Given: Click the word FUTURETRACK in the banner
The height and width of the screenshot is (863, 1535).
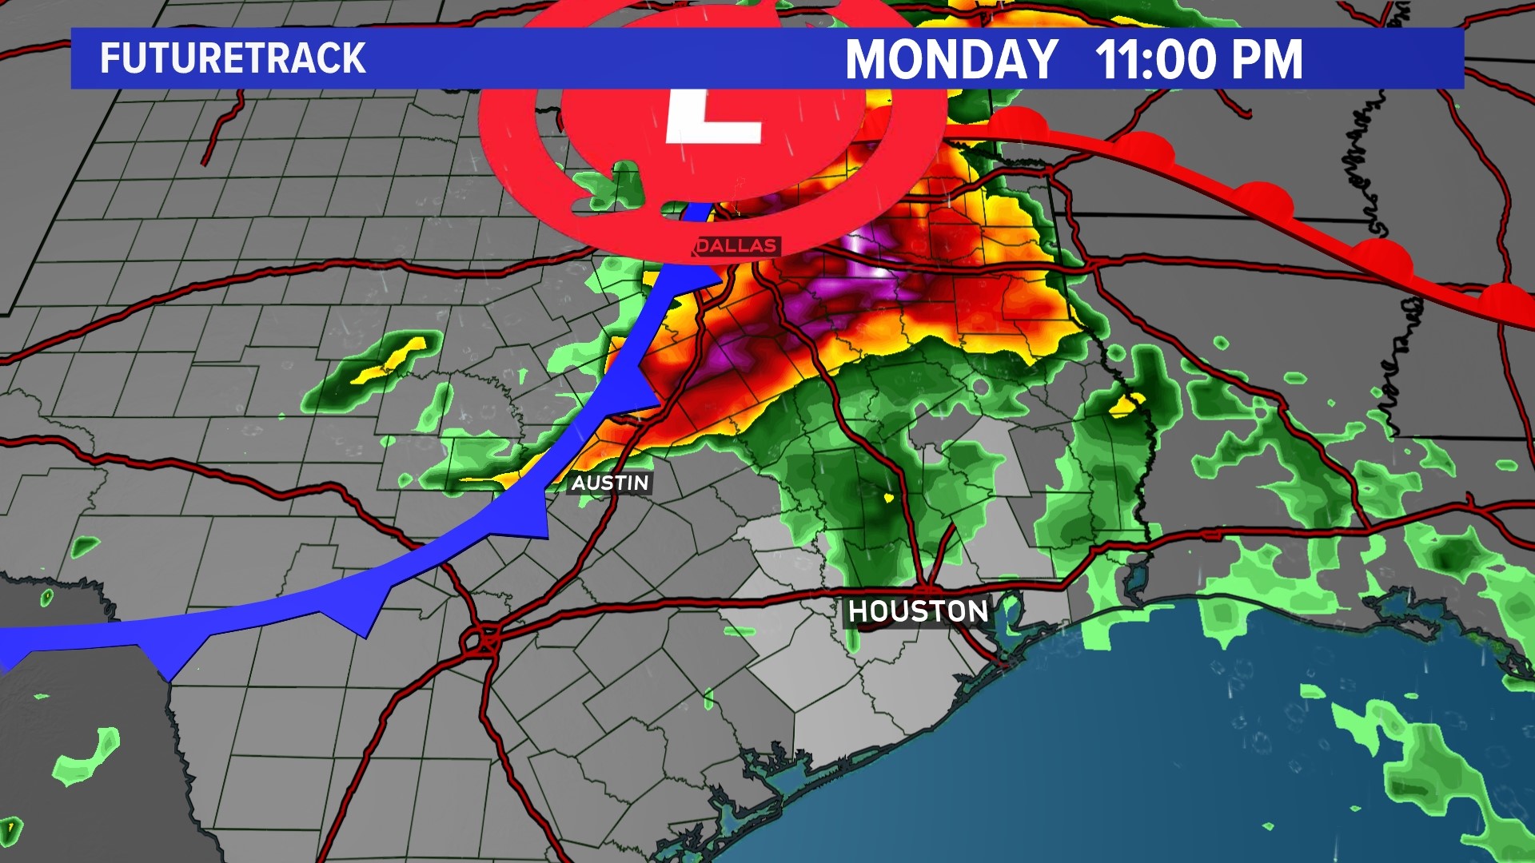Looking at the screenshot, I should tap(233, 58).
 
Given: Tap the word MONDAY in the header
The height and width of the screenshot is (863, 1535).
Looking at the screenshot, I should tap(951, 59).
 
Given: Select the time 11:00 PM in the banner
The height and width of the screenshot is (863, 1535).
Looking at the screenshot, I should tap(1198, 59).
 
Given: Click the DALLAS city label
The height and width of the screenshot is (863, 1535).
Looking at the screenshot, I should tap(736, 246).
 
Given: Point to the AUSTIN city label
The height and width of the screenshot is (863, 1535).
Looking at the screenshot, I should tap(610, 483).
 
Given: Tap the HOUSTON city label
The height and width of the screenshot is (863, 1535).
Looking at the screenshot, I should tap(918, 611).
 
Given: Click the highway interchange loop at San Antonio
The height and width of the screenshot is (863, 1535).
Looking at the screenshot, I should tap(483, 638).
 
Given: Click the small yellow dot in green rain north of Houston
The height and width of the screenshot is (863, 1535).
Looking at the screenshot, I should tap(888, 498).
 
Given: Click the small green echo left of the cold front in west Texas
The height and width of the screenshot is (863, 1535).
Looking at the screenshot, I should tap(84, 547).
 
